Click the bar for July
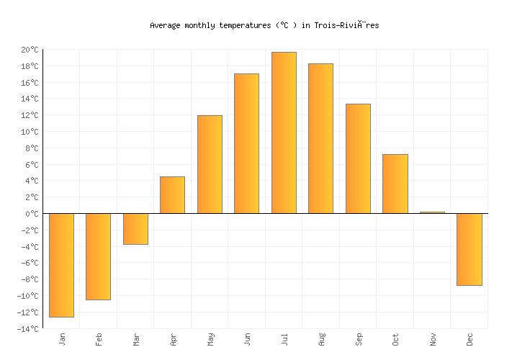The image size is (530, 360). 284,132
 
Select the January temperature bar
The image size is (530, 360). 61,265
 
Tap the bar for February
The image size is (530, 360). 98,256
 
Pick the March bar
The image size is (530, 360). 135,229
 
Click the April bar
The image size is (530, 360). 172,194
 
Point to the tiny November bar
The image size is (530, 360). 432,212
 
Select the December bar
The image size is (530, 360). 469,249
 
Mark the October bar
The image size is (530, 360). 395,184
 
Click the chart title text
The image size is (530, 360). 264,25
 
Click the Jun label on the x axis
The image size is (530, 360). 247,339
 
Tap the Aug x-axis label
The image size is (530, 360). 321,339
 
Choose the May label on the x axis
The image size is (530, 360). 210,339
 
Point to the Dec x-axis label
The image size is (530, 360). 470,339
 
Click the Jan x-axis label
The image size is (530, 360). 62,339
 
